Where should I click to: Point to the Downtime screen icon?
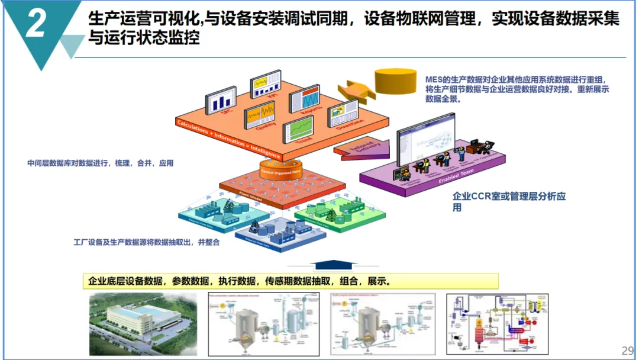pos(343,113)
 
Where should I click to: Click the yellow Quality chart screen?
pos(260,114)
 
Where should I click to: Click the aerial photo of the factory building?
pos(142,323)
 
